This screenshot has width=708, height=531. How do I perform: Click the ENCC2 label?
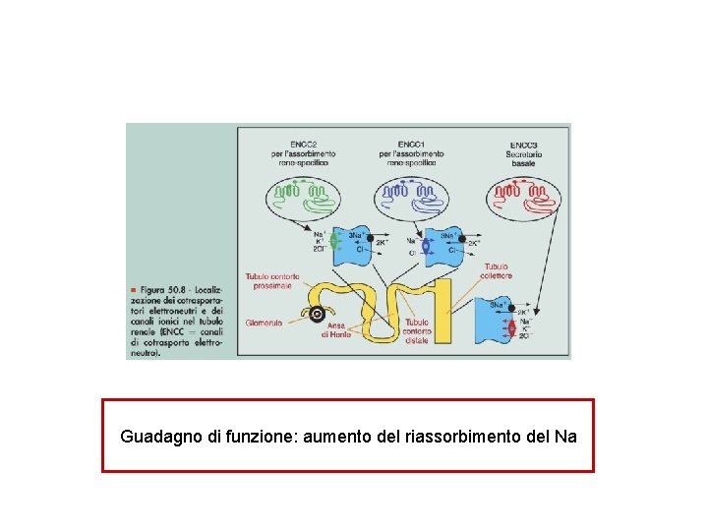[302, 144]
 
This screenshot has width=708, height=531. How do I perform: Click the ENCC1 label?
[411, 144]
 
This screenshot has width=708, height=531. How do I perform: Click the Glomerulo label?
[265, 322]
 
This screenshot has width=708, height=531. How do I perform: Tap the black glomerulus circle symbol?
[317, 316]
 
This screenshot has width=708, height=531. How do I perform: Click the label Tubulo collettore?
[496, 270]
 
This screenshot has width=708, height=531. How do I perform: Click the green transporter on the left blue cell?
[335, 240]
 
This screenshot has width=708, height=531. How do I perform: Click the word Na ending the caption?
[565, 434]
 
